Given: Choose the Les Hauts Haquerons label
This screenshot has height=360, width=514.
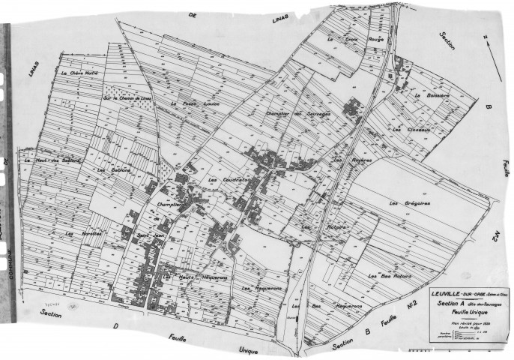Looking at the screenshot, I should point(192,278).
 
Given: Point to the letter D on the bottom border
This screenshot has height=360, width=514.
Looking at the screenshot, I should point(116,328).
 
